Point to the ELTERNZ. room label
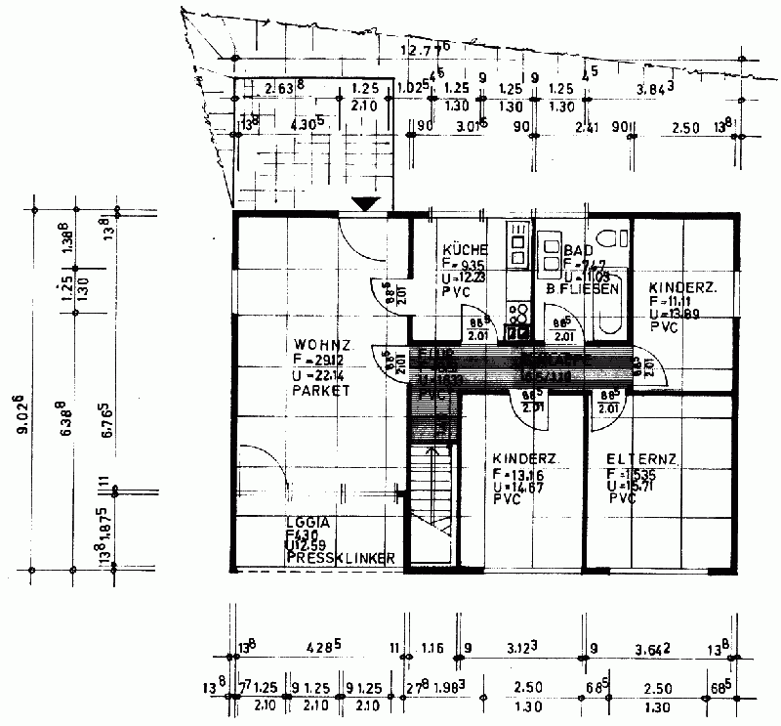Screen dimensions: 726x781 click(641, 459)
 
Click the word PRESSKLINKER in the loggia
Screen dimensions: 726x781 click(340, 559)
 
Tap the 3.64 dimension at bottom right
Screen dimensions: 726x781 click(651, 647)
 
